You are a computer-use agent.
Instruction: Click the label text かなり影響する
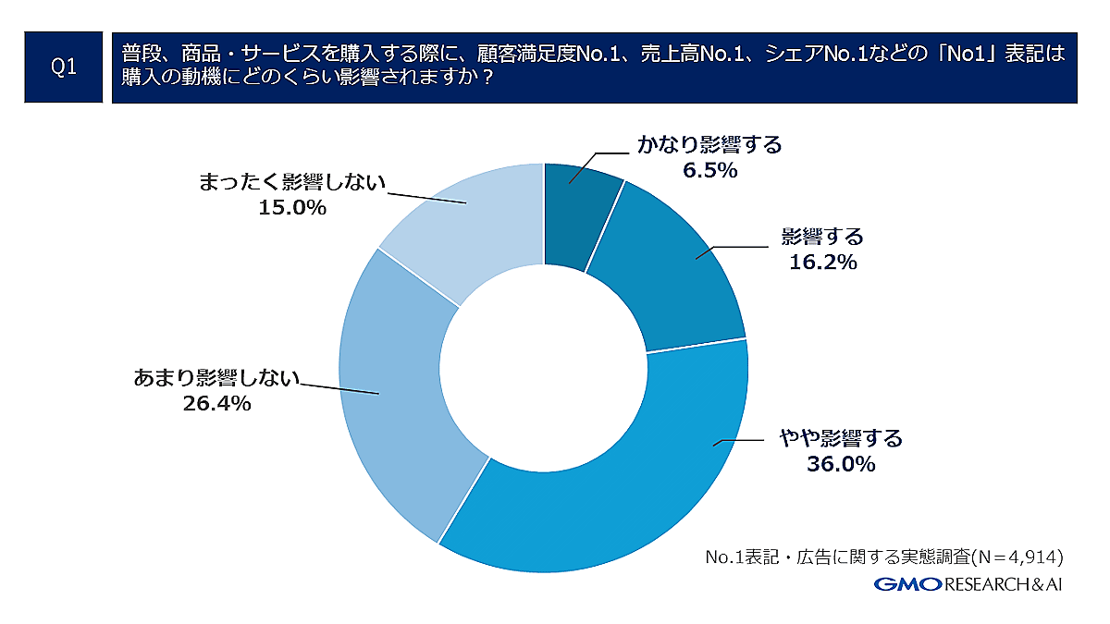coord(710,145)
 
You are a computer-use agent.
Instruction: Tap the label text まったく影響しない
coord(291,181)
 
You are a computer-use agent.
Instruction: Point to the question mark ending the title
coord(487,80)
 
